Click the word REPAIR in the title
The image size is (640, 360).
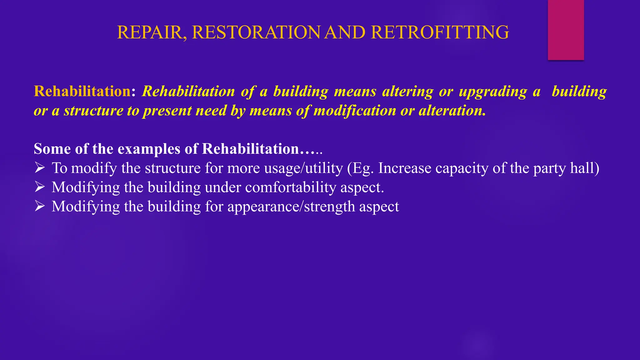(151, 32)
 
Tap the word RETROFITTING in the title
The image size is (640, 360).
(440, 32)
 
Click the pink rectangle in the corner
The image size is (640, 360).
(566, 30)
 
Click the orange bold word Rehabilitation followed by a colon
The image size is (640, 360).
(82, 91)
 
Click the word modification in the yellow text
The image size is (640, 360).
(354, 111)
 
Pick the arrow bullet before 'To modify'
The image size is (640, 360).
(40, 168)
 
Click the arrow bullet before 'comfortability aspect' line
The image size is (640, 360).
(40, 187)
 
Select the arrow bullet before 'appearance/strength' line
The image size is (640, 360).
(40, 206)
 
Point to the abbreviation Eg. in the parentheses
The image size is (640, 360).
(362, 168)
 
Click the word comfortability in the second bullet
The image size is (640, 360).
(291, 187)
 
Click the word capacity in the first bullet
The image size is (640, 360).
(462, 168)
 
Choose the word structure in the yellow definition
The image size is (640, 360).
(93, 111)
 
